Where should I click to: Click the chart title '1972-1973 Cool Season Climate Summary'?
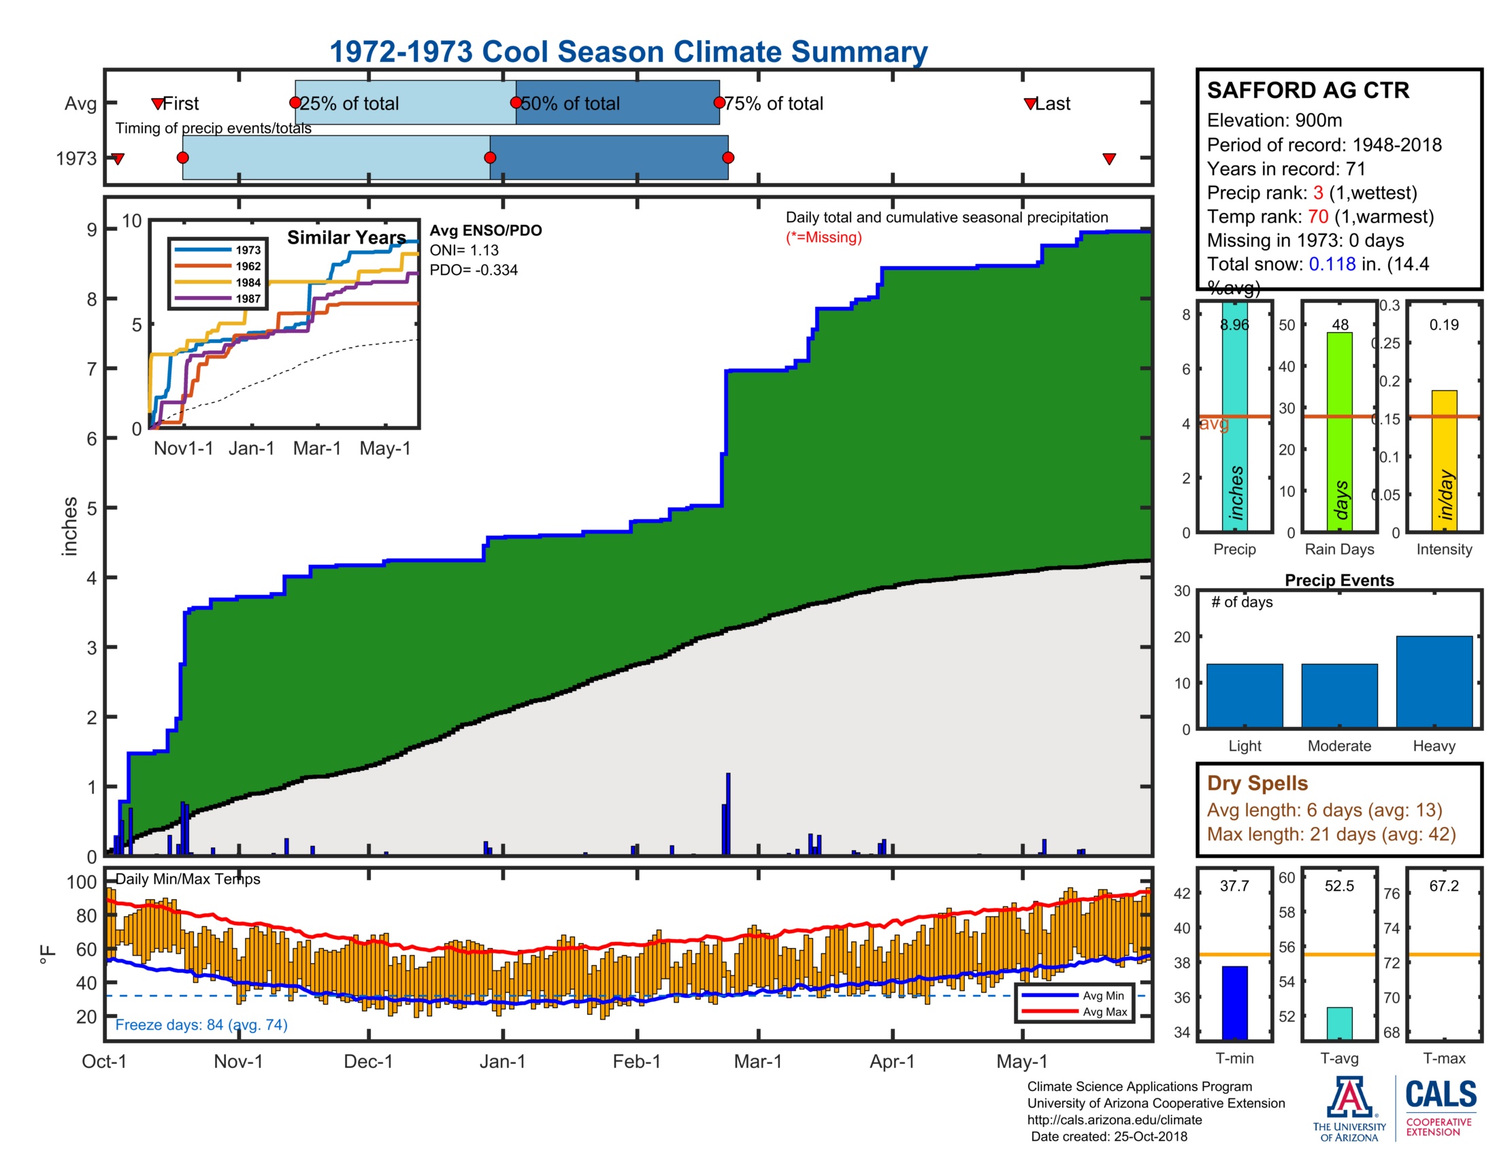coord(628,52)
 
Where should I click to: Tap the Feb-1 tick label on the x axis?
coord(636,1061)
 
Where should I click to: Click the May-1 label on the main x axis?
coord(1021,1061)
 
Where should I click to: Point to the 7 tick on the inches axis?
coord(92,369)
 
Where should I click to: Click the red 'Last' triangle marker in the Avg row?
coord(1030,103)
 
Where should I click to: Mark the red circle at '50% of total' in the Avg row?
coord(516,103)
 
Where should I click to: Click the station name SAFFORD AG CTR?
coord(1307,91)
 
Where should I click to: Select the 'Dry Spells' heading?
coord(1257,783)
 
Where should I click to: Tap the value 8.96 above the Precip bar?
coord(1234,325)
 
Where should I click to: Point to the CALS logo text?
coord(1441,1094)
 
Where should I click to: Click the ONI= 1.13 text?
coord(464,250)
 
